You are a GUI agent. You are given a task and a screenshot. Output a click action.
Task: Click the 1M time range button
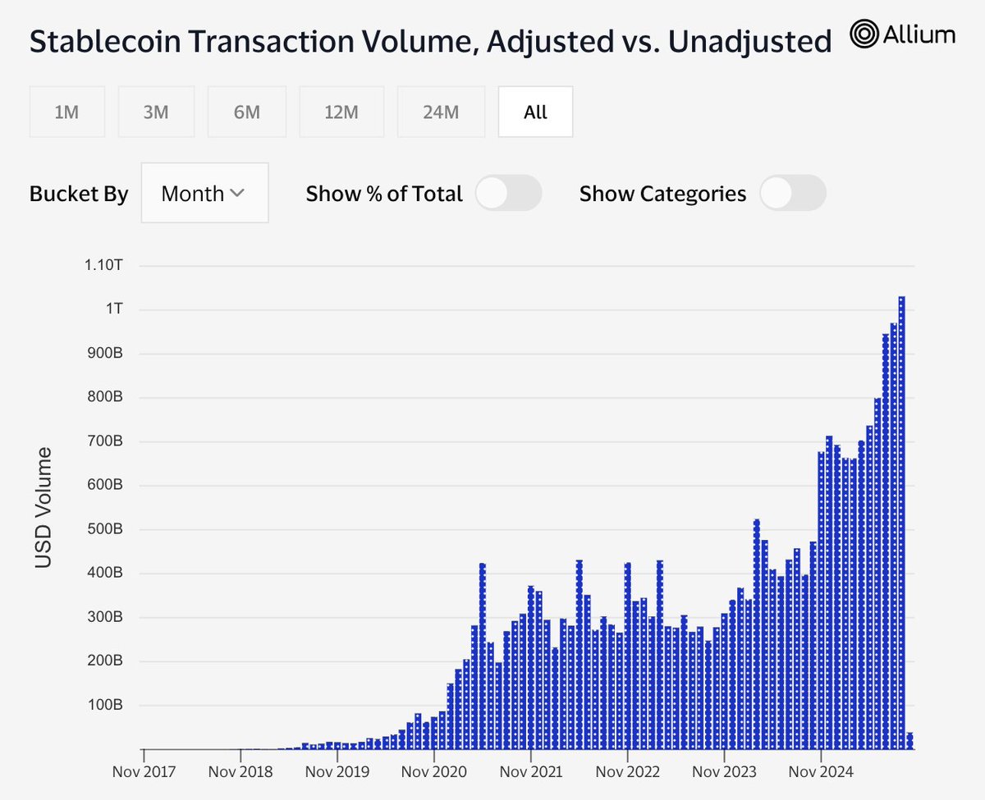coord(66,112)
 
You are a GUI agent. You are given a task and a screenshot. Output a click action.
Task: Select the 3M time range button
coord(156,112)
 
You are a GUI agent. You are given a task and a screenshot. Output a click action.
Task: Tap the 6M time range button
coord(246,112)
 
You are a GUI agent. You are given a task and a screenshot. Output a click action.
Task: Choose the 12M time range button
coord(341,112)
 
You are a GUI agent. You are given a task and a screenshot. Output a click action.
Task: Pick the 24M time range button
coord(441,112)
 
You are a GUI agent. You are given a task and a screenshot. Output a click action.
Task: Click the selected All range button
coord(535,112)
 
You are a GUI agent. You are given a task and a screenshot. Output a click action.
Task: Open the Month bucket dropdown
coord(204,194)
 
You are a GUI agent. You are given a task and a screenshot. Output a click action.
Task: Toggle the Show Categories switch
coord(793,194)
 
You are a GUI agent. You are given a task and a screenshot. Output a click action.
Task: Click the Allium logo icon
coord(864,34)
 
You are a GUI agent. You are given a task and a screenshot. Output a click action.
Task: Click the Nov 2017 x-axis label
coord(144,772)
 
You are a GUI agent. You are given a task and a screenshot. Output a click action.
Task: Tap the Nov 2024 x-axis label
coord(821,772)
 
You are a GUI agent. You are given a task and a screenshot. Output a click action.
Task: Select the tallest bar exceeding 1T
coord(901,525)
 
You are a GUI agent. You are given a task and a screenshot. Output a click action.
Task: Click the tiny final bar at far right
coord(909,740)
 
